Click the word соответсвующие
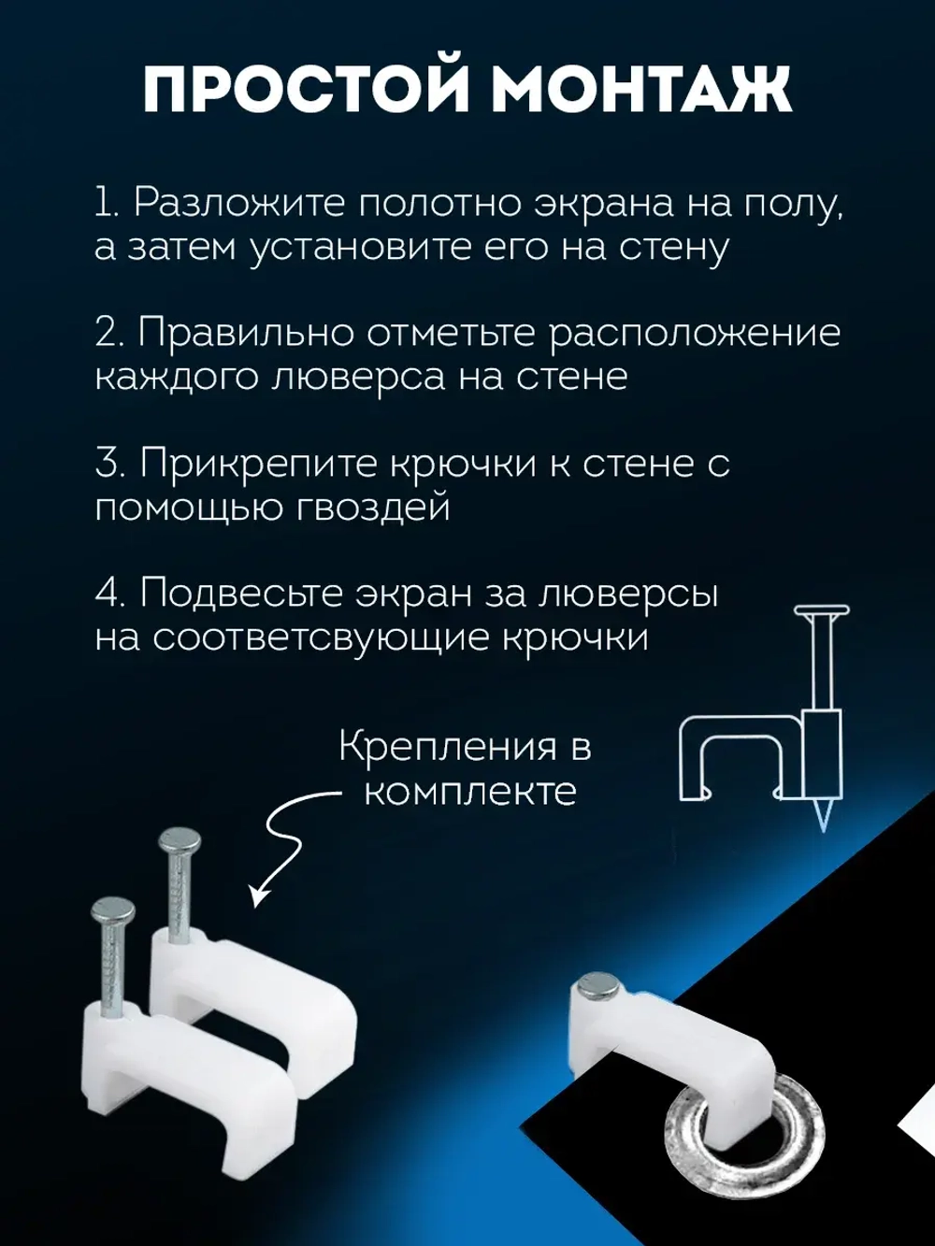[x=322, y=639]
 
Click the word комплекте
[x=469, y=793]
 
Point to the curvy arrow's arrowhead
[x=257, y=898]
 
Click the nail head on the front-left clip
[x=112, y=908]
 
